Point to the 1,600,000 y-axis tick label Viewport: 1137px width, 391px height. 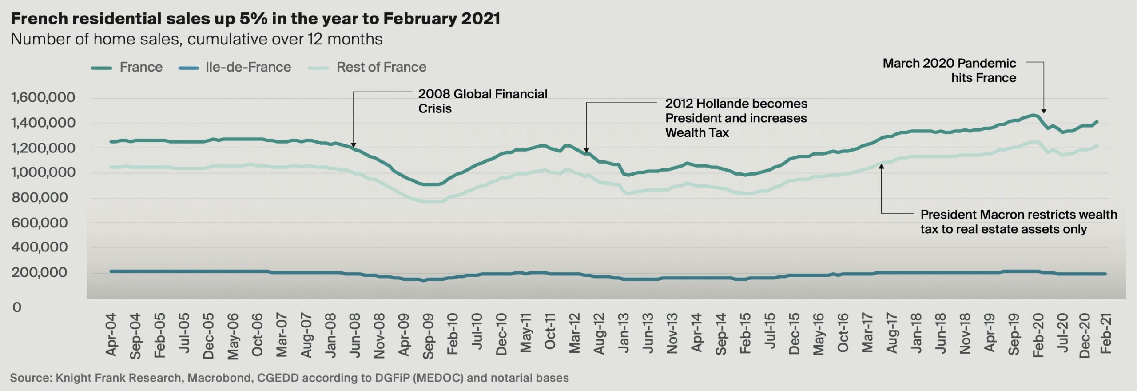(43, 97)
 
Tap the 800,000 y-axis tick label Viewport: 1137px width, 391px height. (40, 198)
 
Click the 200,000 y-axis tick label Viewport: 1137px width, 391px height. (40, 272)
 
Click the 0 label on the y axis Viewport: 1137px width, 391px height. (17, 307)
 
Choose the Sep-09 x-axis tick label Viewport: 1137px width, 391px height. (428, 336)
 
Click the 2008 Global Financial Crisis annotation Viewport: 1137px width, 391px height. (482, 101)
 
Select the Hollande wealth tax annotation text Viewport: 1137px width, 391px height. (736, 118)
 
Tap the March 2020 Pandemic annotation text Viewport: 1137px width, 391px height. (949, 70)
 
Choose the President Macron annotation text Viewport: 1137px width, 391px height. (1018, 222)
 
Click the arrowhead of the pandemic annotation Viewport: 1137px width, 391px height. (1044, 111)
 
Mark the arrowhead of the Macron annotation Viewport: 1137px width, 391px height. (882, 167)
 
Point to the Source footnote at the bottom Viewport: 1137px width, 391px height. (289, 378)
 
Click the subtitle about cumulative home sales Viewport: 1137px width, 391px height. (197, 39)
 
